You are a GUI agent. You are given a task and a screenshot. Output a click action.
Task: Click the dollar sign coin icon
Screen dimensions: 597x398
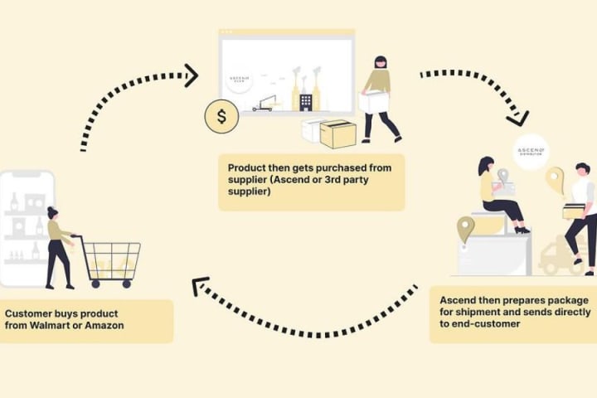click(221, 116)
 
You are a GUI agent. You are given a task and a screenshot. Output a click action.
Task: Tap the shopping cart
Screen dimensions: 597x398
click(110, 259)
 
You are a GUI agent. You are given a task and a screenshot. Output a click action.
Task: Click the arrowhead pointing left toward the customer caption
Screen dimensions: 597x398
click(199, 288)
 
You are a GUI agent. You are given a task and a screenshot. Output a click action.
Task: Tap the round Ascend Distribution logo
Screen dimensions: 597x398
click(531, 151)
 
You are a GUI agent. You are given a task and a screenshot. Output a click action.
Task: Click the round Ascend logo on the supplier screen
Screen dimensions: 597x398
click(240, 78)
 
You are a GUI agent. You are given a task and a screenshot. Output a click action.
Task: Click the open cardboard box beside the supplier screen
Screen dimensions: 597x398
click(337, 133)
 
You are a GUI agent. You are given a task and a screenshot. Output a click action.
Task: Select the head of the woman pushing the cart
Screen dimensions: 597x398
click(52, 213)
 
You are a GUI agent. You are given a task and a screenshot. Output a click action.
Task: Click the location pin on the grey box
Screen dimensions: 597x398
click(465, 229)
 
